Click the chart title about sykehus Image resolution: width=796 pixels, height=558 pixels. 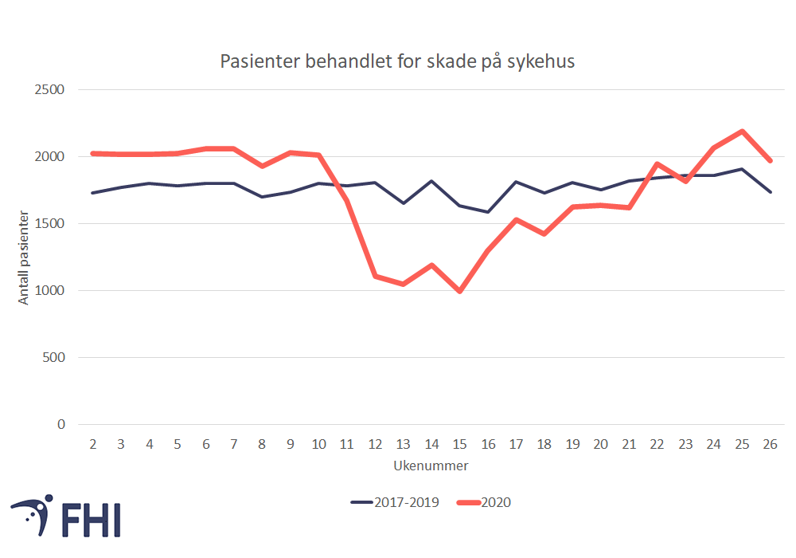pos(396,61)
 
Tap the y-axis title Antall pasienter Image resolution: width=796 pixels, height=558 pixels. pos(24,257)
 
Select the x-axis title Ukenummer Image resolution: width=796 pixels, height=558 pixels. pos(431,466)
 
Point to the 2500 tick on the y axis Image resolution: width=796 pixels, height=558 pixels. pos(49,89)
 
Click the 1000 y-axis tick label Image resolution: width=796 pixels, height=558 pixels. pos(49,291)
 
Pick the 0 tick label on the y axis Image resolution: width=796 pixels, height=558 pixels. pos(60,425)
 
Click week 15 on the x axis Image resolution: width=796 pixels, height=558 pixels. pos(459,445)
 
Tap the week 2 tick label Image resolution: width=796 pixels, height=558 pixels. pos(93,445)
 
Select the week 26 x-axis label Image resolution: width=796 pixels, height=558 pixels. pos(769,445)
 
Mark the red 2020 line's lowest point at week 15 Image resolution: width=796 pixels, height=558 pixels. pos(459,292)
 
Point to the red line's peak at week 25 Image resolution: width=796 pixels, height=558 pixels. pos(741,131)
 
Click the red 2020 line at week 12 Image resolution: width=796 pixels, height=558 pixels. pos(375,276)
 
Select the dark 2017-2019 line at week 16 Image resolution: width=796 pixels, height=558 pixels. pos(488,212)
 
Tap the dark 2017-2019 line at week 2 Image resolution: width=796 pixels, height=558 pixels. pos(93,193)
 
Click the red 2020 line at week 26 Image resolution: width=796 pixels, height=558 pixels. pos(769,161)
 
